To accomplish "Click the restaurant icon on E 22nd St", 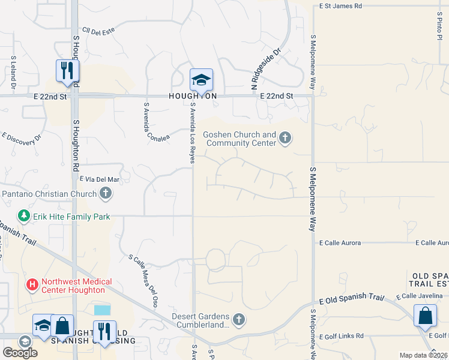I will (x=67, y=71).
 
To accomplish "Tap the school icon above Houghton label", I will (x=202, y=79).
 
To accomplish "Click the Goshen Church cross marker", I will (x=285, y=139).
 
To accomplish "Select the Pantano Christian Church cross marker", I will (x=106, y=193).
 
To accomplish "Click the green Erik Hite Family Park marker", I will (x=23, y=215).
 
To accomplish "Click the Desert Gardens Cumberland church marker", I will (x=239, y=319).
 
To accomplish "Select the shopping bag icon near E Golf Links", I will (x=425, y=316).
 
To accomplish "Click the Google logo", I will (x=20, y=352).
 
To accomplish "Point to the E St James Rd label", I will (x=340, y=5).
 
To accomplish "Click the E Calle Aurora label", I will (x=340, y=242).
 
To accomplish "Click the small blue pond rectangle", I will (x=102, y=310).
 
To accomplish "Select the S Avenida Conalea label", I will (x=146, y=121).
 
